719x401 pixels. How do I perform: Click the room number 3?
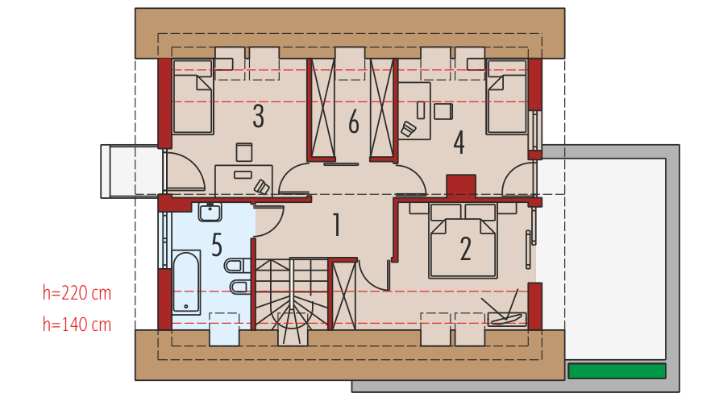click(259, 116)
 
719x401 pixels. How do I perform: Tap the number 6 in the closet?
click(354, 122)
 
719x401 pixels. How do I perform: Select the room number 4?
click(459, 142)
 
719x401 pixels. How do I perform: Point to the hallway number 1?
click(337, 225)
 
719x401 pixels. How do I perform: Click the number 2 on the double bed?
click(465, 249)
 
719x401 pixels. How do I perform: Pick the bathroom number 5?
click(217, 244)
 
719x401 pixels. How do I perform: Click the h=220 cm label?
click(77, 293)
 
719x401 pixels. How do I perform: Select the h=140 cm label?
click(77, 325)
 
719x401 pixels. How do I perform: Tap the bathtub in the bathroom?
click(186, 283)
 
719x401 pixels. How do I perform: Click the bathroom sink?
click(210, 213)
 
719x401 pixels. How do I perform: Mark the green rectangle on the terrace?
click(617, 370)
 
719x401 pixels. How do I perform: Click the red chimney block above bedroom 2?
click(461, 186)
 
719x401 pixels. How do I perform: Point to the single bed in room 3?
click(193, 97)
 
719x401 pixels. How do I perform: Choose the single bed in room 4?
click(507, 97)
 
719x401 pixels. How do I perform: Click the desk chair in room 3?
click(262, 187)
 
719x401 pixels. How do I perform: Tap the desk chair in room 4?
click(408, 129)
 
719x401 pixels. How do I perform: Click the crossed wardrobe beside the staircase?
click(344, 295)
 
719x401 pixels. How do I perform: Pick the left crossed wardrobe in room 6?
click(322, 110)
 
